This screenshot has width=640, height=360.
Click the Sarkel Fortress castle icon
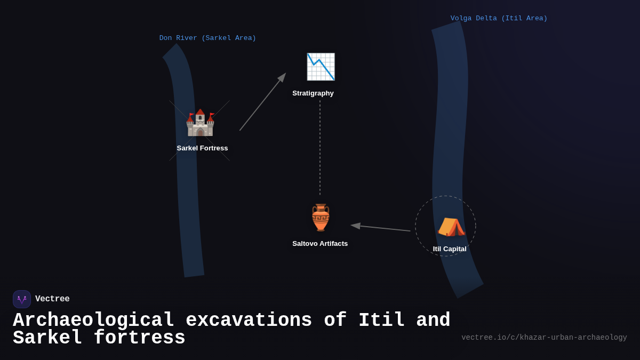tap(200, 123)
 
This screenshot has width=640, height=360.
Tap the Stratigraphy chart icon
tap(321, 67)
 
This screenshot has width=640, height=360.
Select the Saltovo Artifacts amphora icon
tap(321, 218)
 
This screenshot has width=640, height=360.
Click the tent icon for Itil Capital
tap(451, 227)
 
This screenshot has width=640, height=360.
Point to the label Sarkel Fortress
tap(202, 148)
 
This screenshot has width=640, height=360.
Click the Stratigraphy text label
tap(313, 93)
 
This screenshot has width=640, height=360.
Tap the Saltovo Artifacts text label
tap(320, 244)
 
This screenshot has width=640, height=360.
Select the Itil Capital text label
tap(450, 249)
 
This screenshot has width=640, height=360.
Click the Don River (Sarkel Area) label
tap(207, 38)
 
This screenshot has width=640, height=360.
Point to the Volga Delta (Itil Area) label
tap(499, 19)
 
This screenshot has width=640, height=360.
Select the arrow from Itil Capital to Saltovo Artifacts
tap(381, 228)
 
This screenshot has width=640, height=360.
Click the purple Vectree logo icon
tap(22, 299)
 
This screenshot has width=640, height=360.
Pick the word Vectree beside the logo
tap(52, 299)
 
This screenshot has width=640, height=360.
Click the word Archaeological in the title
tap(94, 321)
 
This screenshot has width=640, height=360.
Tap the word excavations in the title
tap(249, 321)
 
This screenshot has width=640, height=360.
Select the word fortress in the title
tap(139, 338)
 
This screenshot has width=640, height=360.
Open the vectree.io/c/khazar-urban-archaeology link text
tap(544, 338)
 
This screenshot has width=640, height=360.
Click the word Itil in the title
tap(381, 321)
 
